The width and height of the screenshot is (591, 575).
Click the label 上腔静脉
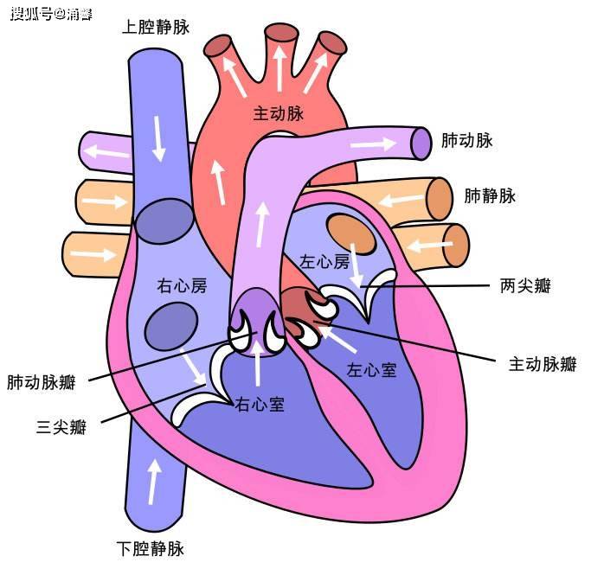[x=155, y=27]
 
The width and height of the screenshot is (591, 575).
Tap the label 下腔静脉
[x=150, y=549]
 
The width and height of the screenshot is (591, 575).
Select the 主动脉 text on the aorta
[x=278, y=113]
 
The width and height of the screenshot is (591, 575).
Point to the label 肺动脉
[x=466, y=140]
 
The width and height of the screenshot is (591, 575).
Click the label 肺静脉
[x=490, y=195]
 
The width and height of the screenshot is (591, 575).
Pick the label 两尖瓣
[x=525, y=286]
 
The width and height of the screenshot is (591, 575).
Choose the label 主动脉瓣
[x=543, y=364]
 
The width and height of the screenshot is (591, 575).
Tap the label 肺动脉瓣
[x=41, y=382]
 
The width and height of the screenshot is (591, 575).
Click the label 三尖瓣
[x=61, y=427]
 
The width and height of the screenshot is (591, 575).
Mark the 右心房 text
[x=182, y=286]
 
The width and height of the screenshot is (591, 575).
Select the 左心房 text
[x=324, y=261]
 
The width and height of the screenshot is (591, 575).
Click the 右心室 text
[x=260, y=405]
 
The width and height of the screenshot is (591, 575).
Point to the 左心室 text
[x=371, y=370]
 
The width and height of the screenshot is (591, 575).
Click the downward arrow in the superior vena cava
[x=158, y=138]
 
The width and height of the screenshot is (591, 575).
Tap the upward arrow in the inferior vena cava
[x=153, y=482]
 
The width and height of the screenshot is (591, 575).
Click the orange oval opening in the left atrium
[x=351, y=233]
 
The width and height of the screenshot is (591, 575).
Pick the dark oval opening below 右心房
[x=171, y=327]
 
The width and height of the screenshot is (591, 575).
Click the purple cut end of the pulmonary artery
[x=421, y=144]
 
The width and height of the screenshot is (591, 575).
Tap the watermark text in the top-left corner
[x=51, y=15]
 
